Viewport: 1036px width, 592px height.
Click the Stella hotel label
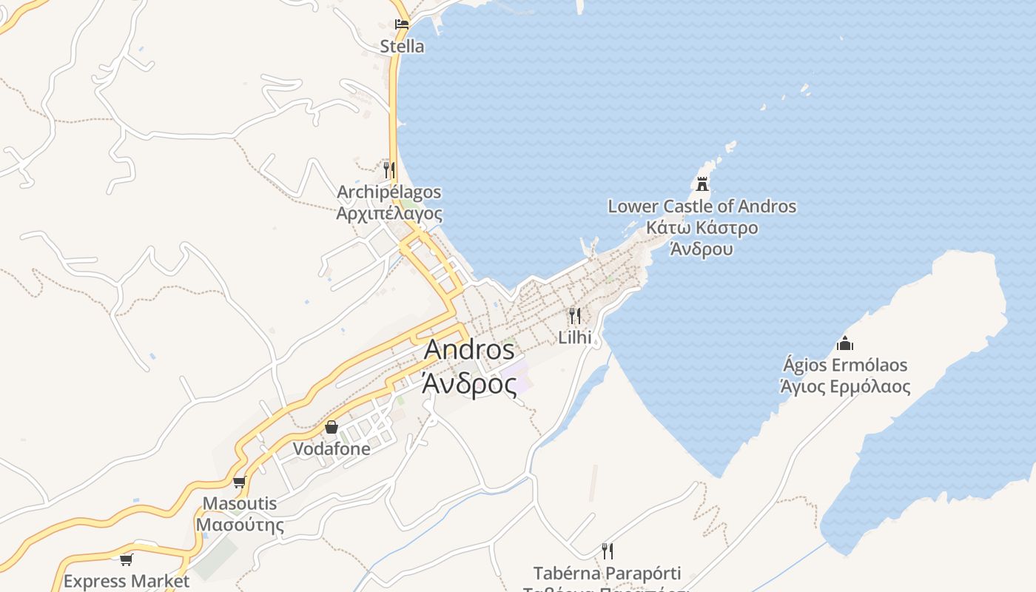coord(402,47)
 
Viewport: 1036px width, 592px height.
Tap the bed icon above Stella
coord(402,24)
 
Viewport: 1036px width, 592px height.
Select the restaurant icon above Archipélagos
coord(389,170)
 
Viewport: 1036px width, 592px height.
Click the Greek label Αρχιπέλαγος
coord(389,214)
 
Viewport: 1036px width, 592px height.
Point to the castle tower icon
coord(702,184)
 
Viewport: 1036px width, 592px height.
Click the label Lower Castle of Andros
coord(702,206)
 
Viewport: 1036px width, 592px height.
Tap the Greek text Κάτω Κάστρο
coord(702,227)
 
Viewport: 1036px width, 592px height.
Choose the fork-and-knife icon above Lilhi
coord(575,317)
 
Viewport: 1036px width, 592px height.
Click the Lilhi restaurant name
coord(575,337)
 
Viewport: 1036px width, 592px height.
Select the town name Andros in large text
coord(469,349)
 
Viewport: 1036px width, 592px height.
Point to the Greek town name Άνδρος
coord(469,384)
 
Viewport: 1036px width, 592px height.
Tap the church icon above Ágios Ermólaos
coord(844,343)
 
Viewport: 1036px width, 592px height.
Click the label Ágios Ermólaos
coord(845,365)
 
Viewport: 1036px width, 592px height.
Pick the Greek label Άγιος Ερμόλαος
coord(845,386)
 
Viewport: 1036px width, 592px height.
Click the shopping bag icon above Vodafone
coord(331,427)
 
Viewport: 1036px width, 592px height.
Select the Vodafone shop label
coord(332,448)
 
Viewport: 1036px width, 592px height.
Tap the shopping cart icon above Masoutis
coord(239,482)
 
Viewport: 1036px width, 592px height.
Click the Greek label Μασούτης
coord(240,525)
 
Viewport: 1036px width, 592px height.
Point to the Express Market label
coord(127,581)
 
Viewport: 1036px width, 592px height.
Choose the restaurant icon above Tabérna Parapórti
coord(608,551)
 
